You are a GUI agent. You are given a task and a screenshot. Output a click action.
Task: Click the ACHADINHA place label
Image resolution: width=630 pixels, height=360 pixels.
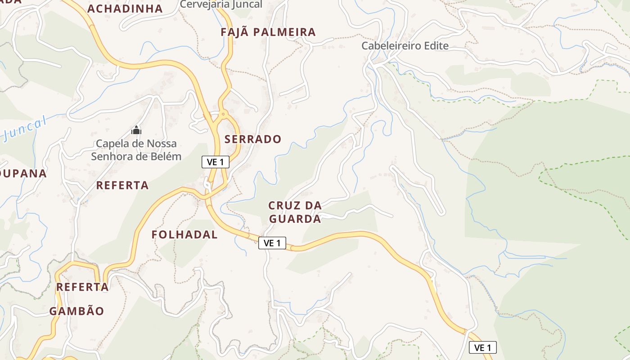pyautogui.click(x=125, y=9)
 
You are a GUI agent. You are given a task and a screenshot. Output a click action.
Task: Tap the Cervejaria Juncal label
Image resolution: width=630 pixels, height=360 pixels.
pyautogui.click(x=221, y=4)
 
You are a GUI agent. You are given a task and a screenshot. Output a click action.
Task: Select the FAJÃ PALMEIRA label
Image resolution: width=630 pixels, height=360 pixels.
pyautogui.click(x=268, y=32)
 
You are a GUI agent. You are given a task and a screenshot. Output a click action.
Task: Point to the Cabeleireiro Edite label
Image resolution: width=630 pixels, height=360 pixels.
pyautogui.click(x=405, y=45)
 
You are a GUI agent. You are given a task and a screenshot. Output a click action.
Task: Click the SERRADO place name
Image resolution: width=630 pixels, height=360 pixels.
pyautogui.click(x=253, y=139)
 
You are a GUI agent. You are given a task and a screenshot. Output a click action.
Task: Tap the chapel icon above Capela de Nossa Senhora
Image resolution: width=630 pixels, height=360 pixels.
pyautogui.click(x=136, y=130)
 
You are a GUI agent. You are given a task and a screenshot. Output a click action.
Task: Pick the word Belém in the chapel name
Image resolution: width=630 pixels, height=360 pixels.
pyautogui.click(x=166, y=157)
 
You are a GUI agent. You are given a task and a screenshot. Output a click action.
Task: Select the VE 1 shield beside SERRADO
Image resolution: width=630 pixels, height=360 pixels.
pyautogui.click(x=216, y=162)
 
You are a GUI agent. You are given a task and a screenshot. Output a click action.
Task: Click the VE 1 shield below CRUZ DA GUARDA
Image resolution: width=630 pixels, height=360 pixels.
pyautogui.click(x=272, y=243)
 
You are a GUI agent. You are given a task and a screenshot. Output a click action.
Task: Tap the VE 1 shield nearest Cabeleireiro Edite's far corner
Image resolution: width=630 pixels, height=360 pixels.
pyautogui.click(x=483, y=347)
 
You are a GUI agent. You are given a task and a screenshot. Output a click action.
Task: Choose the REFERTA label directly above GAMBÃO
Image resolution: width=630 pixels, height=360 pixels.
pyautogui.click(x=82, y=287)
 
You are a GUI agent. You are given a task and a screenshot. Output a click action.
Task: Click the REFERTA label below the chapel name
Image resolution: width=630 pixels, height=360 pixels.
pyautogui.click(x=122, y=185)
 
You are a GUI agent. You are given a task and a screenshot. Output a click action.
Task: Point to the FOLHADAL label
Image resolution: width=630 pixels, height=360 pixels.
pyautogui.click(x=184, y=234)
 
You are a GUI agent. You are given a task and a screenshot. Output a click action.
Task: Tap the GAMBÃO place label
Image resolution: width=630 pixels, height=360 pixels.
pyautogui.click(x=76, y=311)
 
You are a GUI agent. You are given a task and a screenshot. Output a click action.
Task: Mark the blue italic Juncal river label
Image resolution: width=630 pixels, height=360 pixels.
pyautogui.click(x=25, y=129)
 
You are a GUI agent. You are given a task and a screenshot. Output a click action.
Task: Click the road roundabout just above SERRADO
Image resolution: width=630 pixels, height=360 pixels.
pyautogui.click(x=222, y=115)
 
